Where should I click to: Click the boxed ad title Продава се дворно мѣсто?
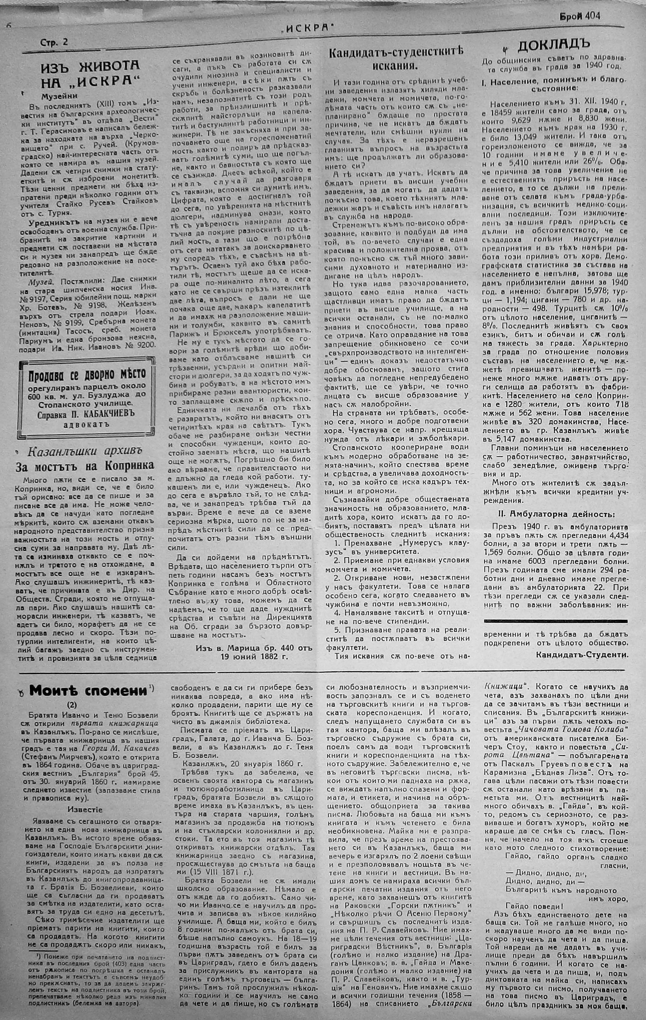(x=87, y=374)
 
